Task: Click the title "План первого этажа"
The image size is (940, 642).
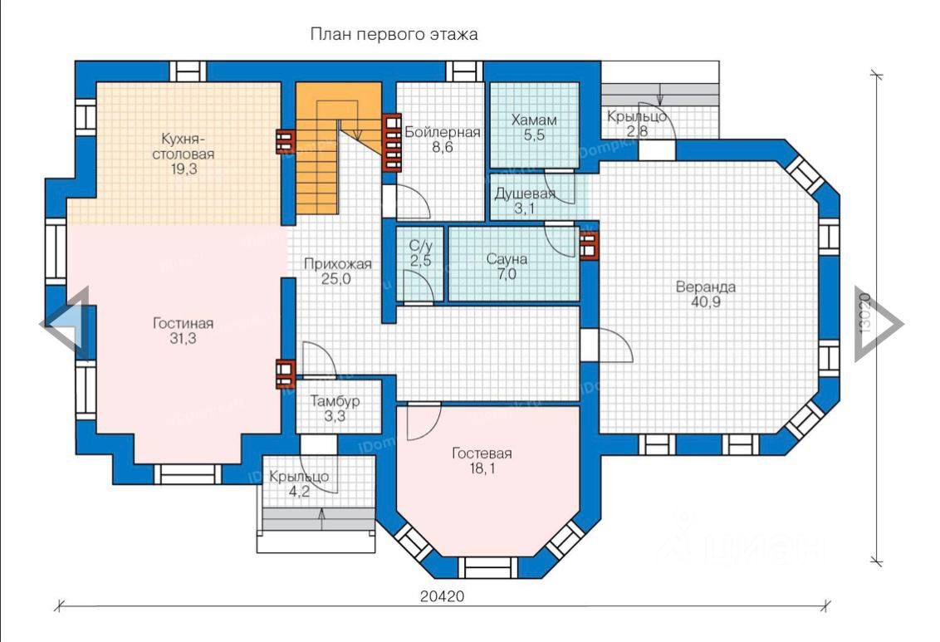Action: click(394, 35)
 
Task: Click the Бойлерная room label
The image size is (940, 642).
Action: click(443, 132)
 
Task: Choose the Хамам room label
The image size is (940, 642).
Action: click(534, 120)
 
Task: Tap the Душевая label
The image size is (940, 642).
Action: click(525, 194)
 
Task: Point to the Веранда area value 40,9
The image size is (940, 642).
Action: click(705, 303)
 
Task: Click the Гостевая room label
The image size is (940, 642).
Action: click(482, 453)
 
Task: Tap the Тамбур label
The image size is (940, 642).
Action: click(335, 401)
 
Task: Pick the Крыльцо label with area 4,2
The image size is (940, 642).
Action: click(299, 477)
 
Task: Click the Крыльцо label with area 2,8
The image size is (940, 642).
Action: click(636, 116)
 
